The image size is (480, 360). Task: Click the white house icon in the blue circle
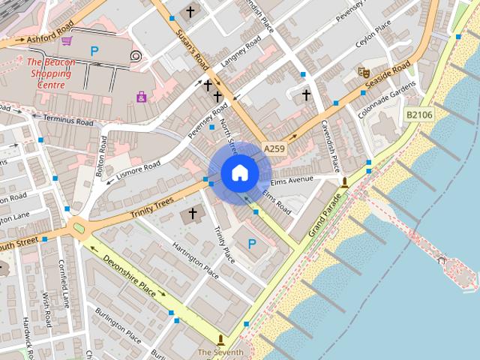239,173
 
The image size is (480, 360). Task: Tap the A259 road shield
274,150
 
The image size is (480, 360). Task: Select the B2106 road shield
418,114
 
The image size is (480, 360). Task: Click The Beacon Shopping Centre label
50,74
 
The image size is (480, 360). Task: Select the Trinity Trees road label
151,208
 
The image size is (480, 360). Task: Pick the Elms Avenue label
291,180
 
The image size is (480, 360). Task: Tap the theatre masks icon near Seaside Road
364,73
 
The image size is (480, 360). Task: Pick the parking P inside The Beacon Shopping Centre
94,51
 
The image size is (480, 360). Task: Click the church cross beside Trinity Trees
192,214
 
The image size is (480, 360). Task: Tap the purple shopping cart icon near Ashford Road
67,40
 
